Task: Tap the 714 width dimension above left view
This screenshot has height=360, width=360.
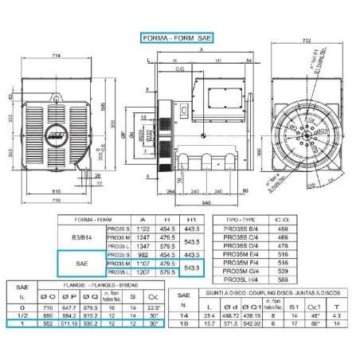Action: coord(58,55)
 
